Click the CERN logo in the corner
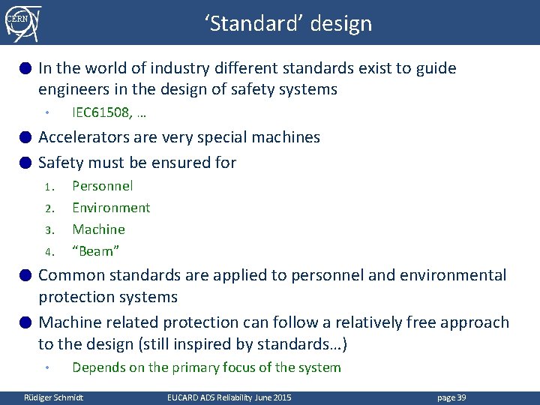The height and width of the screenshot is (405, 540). (22, 22)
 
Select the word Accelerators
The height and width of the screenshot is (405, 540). (84, 137)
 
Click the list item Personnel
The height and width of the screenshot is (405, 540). (102, 186)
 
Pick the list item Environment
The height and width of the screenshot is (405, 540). (111, 208)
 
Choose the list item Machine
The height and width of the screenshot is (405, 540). (98, 229)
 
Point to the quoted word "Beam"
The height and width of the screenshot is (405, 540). (96, 251)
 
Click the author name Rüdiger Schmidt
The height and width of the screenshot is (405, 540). (54, 397)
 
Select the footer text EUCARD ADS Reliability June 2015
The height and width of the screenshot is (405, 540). (229, 397)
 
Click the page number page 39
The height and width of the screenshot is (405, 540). (450, 397)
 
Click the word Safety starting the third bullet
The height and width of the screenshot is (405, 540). (61, 162)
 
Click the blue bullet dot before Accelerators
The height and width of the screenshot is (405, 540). (25, 137)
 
